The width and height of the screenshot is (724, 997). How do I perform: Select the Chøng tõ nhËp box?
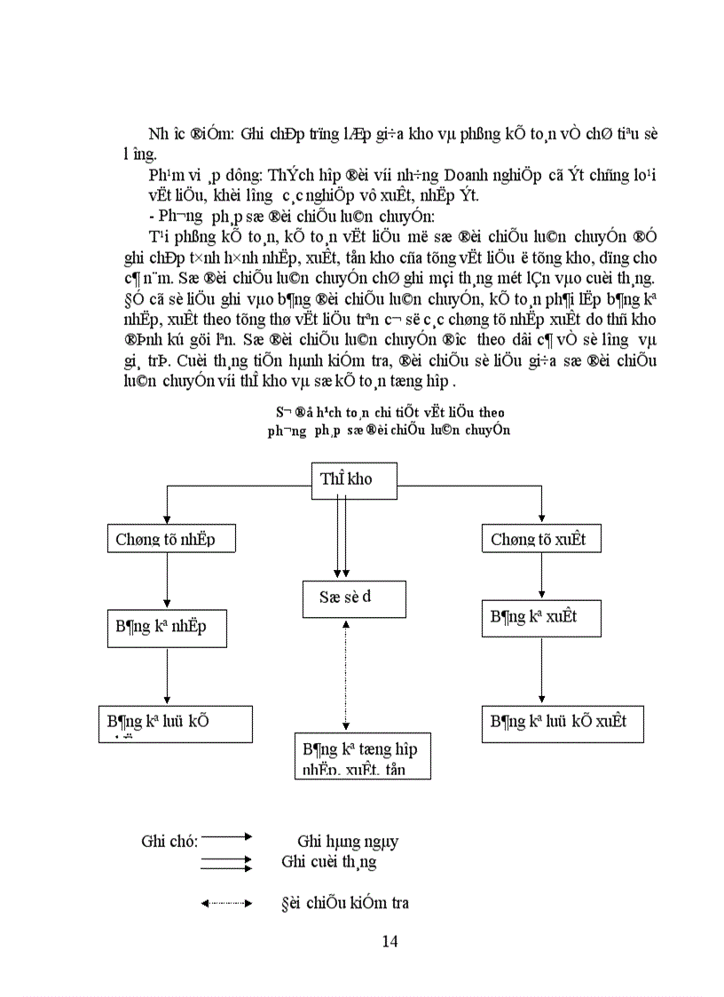click(x=164, y=539)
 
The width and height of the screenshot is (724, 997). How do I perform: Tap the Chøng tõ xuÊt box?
click(x=541, y=539)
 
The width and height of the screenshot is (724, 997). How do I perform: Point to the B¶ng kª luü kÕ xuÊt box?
click(x=562, y=724)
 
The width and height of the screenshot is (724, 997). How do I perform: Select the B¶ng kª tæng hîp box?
click(x=362, y=756)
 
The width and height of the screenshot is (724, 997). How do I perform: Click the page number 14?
click(x=389, y=942)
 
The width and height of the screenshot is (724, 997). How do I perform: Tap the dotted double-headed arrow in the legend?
click(x=227, y=904)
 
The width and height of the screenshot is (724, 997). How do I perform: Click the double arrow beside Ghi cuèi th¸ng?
click(x=227, y=862)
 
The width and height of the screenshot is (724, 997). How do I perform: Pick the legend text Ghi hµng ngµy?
click(x=347, y=842)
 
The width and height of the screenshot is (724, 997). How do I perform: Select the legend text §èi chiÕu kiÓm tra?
click(x=344, y=904)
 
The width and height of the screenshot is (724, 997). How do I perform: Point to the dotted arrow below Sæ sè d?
click(x=345, y=675)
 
